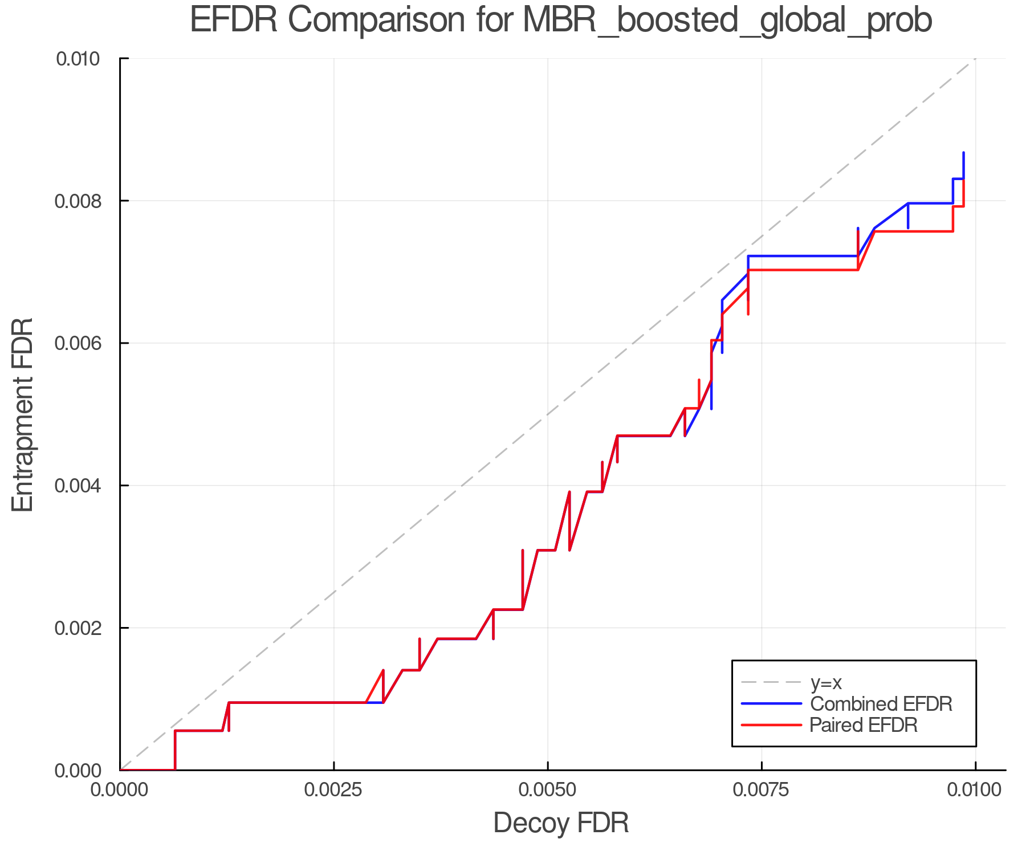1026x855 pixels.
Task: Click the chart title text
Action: [x=561, y=21]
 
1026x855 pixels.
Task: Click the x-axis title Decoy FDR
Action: [x=561, y=823]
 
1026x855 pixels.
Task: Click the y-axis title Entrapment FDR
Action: [x=23, y=415]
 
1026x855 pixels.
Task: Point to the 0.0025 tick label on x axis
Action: [x=333, y=789]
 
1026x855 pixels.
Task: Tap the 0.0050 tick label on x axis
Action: [x=547, y=789]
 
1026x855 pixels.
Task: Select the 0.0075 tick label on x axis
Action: [x=762, y=789]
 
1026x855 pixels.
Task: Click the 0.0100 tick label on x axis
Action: [x=975, y=789]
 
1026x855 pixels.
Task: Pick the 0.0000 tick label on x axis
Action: [x=120, y=789]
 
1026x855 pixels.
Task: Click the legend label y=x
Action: [x=826, y=682]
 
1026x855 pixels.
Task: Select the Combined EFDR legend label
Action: [x=881, y=704]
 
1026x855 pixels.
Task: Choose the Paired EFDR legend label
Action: [x=864, y=725]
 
